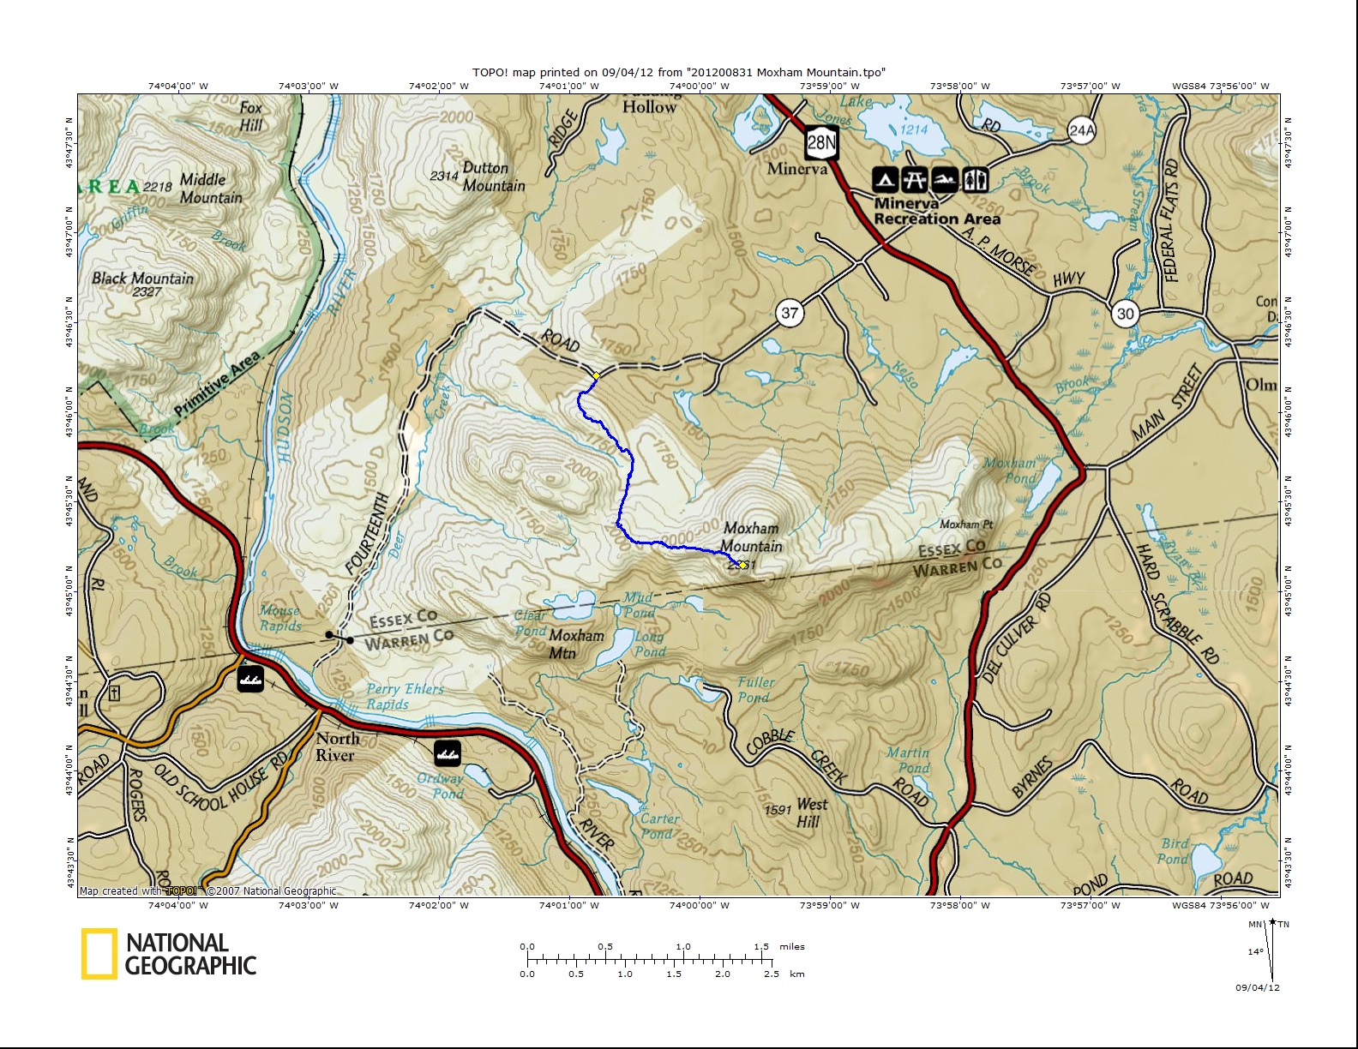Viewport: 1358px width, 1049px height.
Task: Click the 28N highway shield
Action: (x=820, y=142)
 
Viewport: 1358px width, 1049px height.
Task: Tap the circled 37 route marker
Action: (x=790, y=313)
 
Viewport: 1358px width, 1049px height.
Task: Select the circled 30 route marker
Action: (x=1125, y=314)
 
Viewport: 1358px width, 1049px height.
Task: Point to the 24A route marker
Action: (x=1082, y=130)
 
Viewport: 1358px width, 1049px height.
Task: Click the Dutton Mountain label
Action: (x=493, y=177)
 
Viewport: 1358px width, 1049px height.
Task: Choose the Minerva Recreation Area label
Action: (x=936, y=212)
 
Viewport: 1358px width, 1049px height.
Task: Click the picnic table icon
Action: (x=915, y=180)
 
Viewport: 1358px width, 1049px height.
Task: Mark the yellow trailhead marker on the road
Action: (x=596, y=375)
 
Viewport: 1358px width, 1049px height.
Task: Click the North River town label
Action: (x=337, y=746)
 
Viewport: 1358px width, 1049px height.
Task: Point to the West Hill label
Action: (x=811, y=812)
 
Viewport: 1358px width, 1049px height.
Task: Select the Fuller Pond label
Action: (x=755, y=690)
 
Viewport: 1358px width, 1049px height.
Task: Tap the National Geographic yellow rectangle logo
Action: (x=99, y=954)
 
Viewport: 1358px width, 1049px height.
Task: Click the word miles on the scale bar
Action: (x=791, y=947)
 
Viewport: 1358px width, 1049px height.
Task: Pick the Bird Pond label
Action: (x=1174, y=851)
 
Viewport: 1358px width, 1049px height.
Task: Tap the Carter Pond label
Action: (x=659, y=826)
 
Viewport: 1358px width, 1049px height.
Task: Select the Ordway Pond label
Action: (x=441, y=786)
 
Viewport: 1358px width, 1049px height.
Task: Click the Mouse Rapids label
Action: (x=280, y=618)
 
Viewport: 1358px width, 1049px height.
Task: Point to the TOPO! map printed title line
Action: (x=678, y=73)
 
